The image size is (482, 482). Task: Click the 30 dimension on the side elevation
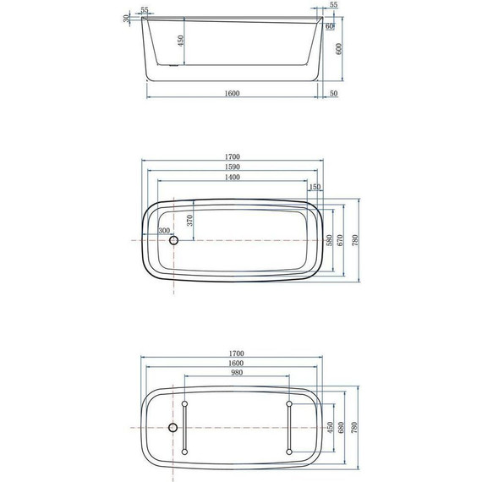pos(127,17)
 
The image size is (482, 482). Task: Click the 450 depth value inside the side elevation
pos(179,41)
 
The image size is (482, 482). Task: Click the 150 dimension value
pos(315,188)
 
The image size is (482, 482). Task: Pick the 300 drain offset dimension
pos(163,230)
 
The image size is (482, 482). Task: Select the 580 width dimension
pos(329,239)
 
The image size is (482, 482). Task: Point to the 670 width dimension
pos(341,239)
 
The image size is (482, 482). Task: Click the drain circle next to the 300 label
pos(174,240)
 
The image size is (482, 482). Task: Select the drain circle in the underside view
pos(173,427)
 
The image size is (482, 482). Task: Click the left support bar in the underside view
pos(184,427)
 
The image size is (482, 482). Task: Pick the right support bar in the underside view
pos(289,427)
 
